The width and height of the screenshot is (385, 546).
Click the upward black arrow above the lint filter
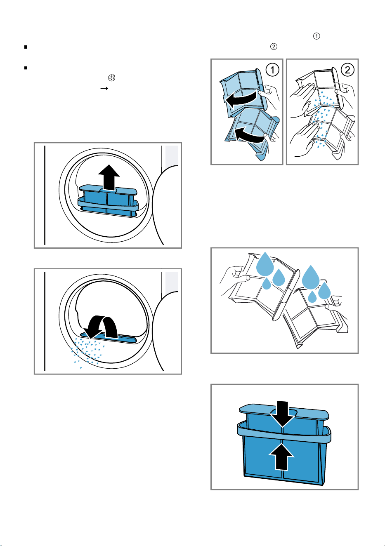(109, 177)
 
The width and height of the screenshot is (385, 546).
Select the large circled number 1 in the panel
(272, 70)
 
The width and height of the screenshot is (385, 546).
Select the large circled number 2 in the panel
(347, 70)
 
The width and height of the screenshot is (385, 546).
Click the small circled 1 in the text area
(317, 36)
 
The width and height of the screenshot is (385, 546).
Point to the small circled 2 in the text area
(274, 47)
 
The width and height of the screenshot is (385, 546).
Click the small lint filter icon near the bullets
(111, 78)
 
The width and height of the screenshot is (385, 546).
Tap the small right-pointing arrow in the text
(104, 88)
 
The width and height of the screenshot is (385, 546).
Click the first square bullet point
(26, 47)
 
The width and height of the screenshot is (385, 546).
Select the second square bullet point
(26, 68)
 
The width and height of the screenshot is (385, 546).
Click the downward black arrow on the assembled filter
(282, 414)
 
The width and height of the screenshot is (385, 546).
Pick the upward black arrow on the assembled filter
(281, 457)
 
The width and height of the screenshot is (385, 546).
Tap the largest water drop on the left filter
(265, 264)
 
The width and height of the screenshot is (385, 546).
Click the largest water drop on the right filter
(311, 277)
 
